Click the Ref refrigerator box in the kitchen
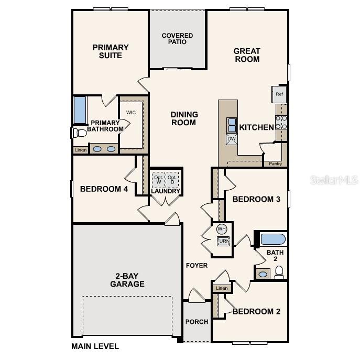(x=279, y=94)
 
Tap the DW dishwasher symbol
(x=232, y=139)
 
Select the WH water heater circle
(x=222, y=229)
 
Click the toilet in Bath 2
(x=279, y=272)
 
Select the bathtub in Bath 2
(x=272, y=239)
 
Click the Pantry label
(x=276, y=163)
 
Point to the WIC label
(x=130, y=112)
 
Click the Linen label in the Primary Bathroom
(x=80, y=150)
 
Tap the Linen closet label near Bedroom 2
(x=222, y=288)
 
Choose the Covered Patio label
(x=177, y=39)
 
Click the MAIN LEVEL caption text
(x=95, y=346)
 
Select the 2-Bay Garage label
(x=127, y=280)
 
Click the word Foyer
(x=197, y=266)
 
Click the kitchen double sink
(x=232, y=125)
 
